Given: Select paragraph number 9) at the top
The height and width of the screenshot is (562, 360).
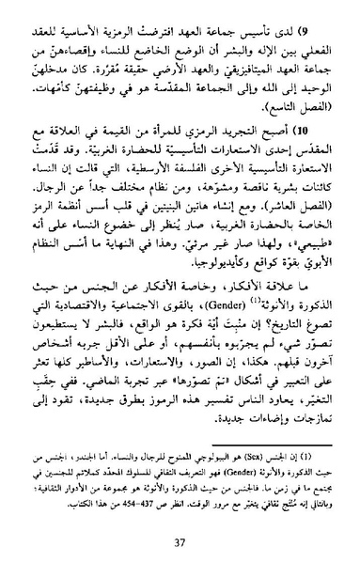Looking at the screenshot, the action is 313,19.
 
